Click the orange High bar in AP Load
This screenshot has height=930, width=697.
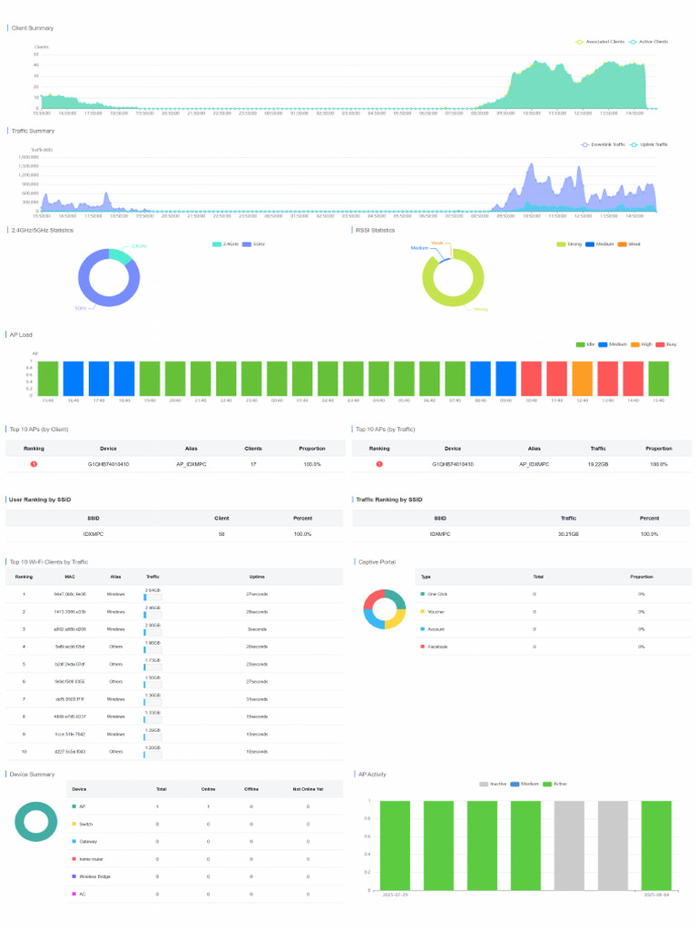click(x=582, y=379)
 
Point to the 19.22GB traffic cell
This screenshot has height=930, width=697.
click(x=598, y=464)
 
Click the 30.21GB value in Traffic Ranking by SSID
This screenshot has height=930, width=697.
click(x=569, y=534)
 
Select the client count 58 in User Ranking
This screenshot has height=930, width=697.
click(x=221, y=534)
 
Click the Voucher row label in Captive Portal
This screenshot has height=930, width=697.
click(x=436, y=611)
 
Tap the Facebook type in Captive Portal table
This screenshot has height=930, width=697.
click(x=437, y=646)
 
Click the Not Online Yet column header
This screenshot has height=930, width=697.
click(x=308, y=788)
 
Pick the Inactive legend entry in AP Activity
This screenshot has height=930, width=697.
click(x=497, y=784)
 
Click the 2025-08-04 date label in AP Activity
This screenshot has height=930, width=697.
click(x=655, y=895)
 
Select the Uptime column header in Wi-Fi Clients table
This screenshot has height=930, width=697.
click(x=257, y=576)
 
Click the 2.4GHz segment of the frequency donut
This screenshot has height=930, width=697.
click(x=119, y=255)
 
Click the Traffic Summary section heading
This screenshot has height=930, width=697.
click(x=33, y=131)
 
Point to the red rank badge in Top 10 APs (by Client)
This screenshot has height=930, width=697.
click(x=34, y=464)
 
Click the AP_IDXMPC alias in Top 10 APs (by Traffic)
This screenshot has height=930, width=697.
click(x=535, y=464)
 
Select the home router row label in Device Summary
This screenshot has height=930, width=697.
click(x=90, y=858)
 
